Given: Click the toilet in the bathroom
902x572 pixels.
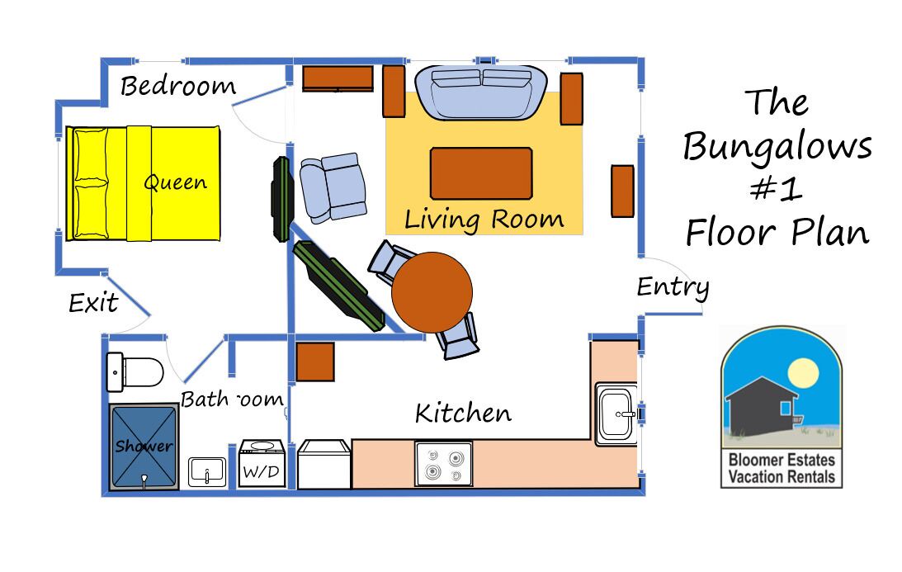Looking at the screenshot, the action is (135, 371).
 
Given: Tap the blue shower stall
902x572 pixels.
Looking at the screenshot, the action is (144, 447).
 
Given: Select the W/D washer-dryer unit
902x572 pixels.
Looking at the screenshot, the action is (262, 464).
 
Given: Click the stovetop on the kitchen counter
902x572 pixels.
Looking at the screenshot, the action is (444, 464).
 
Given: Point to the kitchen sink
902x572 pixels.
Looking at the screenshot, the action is (616, 414).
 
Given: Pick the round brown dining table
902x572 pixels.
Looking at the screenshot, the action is (432, 292).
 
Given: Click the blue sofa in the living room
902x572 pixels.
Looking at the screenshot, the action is (481, 92).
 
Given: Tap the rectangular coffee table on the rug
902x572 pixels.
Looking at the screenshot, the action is (481, 173).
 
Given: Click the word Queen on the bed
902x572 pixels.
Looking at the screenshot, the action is (176, 182).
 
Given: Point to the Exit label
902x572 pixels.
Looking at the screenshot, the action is (93, 303).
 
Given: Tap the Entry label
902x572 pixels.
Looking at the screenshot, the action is (673, 286).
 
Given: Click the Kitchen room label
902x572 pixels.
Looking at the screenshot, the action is (463, 413).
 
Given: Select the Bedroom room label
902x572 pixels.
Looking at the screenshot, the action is (178, 86).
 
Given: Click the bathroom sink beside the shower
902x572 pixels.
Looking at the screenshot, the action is (207, 472).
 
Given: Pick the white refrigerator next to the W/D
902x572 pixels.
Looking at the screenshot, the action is (324, 465).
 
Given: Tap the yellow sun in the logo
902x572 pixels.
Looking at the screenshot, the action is (803, 372).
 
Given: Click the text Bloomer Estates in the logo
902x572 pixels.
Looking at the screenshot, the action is (782, 460).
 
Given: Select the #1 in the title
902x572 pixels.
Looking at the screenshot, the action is (777, 188).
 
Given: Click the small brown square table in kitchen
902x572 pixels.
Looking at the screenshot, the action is (315, 362).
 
